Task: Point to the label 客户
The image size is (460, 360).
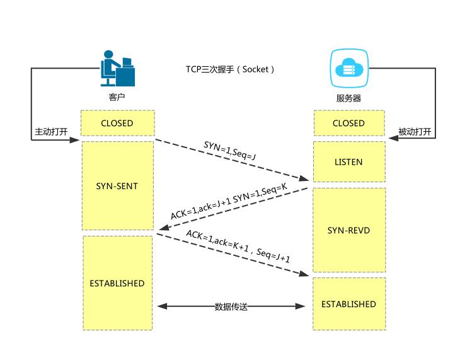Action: click(117, 98)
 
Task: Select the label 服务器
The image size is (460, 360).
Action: click(348, 98)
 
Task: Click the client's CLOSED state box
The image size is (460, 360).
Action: click(117, 124)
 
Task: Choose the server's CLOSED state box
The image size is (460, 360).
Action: click(348, 124)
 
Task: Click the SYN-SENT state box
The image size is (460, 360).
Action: click(117, 186)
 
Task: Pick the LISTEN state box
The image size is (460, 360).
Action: click(348, 162)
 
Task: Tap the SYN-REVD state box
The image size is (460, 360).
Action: click(348, 230)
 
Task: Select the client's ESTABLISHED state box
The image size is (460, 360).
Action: click(117, 283)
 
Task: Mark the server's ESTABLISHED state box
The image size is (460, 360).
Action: click(348, 304)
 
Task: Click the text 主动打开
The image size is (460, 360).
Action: click(51, 132)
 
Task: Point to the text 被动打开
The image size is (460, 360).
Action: click(415, 132)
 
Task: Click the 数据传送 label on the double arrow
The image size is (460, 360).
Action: click(231, 306)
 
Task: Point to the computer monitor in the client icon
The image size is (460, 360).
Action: click(127, 62)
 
